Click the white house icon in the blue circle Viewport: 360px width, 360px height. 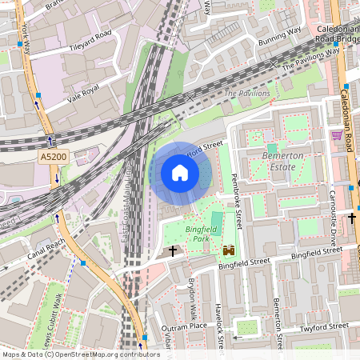[180, 173]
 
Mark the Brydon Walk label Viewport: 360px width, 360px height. [192, 298]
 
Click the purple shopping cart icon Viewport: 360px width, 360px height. [337, 135]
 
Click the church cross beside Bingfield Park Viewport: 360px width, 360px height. [173, 251]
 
